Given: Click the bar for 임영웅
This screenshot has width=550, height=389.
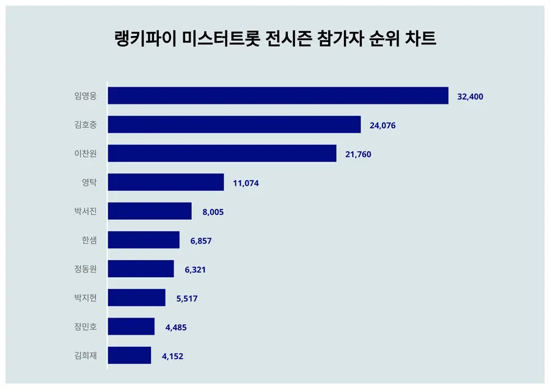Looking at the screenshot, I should tap(278, 96).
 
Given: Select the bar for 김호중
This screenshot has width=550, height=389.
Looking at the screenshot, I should tap(234, 125).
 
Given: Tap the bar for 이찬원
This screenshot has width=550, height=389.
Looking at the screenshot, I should tap(222, 153).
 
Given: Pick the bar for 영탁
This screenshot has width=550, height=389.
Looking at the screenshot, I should tap(166, 182).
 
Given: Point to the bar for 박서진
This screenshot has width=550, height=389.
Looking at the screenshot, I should tap(150, 211).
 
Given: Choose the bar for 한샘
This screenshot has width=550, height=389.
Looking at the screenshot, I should tap(144, 240).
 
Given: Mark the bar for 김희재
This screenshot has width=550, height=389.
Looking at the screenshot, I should tap(129, 355).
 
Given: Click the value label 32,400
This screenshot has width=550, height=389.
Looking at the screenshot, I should tap(471, 96).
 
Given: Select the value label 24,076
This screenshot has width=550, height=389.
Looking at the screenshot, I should tap(383, 125).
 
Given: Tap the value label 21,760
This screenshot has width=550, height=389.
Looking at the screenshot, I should tap(358, 154).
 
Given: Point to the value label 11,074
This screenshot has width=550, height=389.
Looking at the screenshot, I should tap(246, 183).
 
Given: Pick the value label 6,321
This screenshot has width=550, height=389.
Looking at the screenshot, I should tap(194, 269).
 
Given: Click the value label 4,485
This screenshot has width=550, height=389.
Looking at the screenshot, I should tap(175, 327).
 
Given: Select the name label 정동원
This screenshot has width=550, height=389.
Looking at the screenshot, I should tap(85, 269).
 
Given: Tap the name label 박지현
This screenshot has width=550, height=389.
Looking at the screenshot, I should tap(85, 297).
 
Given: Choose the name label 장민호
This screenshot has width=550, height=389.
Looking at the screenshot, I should tap(85, 326).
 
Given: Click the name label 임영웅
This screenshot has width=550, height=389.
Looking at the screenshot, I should tap(85, 96).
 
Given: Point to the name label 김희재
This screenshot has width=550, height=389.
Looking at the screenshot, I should tap(85, 355).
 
